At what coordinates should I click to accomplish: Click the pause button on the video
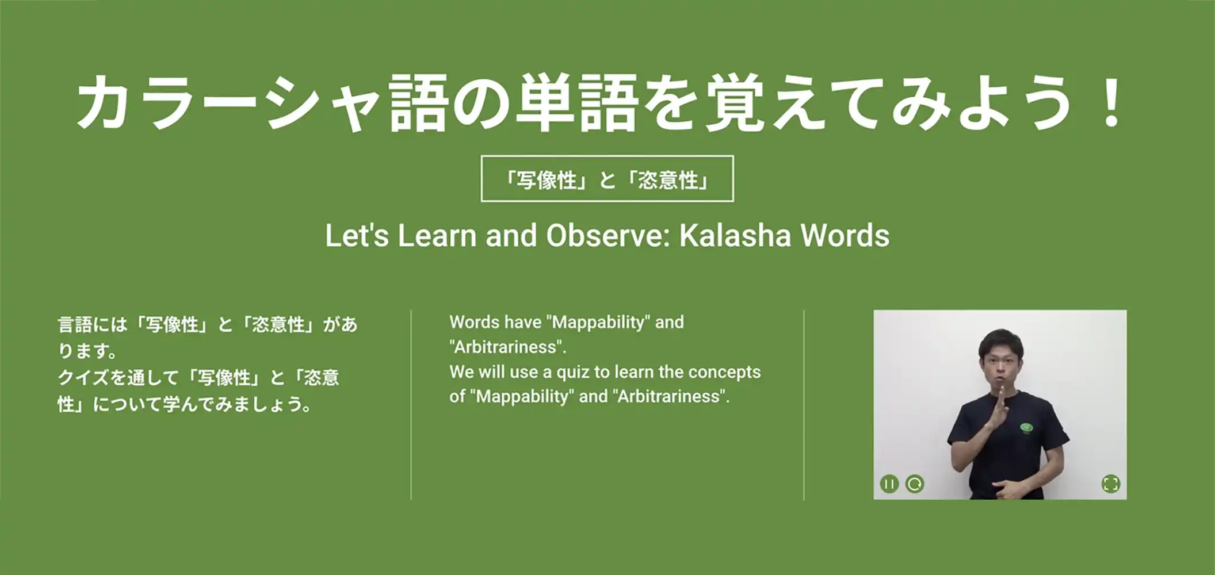[889, 484]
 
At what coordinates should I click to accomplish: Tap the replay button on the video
[915, 484]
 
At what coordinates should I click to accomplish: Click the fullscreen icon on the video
[1111, 484]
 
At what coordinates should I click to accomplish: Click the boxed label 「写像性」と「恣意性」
[607, 179]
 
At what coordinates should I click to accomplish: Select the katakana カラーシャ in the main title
[230, 103]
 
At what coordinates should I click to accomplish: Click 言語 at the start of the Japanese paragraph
[75, 325]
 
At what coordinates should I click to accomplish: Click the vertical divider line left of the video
[804, 405]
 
